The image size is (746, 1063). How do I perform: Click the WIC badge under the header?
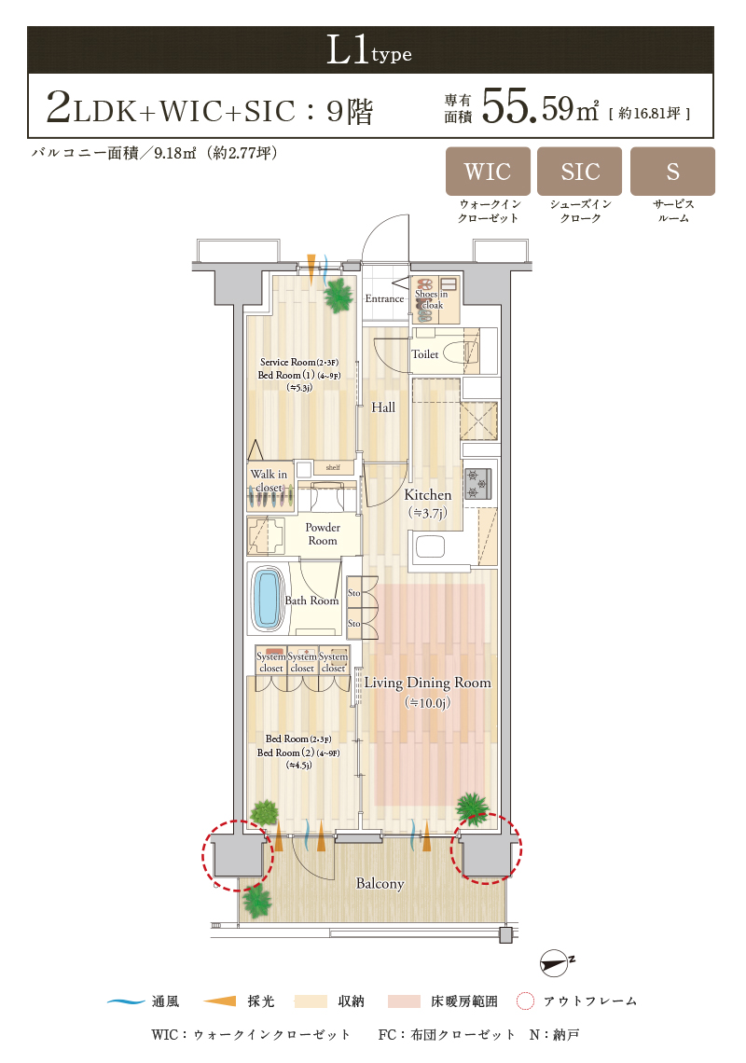point(488,171)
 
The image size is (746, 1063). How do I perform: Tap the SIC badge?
point(580,171)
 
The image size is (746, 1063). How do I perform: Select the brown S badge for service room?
point(672,171)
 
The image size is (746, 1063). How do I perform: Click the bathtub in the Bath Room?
point(268,598)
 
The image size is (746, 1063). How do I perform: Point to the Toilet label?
point(425,354)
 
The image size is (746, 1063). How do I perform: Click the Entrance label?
point(384,298)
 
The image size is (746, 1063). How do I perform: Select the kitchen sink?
point(430,546)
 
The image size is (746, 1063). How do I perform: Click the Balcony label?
point(380,883)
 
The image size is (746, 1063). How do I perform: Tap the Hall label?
point(383,407)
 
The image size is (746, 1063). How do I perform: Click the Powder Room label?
point(323,533)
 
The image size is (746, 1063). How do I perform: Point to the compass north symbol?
point(556,962)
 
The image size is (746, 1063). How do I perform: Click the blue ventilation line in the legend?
point(126,1001)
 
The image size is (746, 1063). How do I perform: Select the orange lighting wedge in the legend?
point(220,1001)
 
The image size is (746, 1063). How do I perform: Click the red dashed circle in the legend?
point(525,1001)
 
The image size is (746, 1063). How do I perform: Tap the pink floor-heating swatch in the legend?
point(404,1001)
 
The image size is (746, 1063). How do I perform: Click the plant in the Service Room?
point(338,295)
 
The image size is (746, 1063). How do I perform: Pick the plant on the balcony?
point(257,901)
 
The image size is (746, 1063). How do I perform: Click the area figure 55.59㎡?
point(540,108)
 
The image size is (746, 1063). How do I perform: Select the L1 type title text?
point(369,50)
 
